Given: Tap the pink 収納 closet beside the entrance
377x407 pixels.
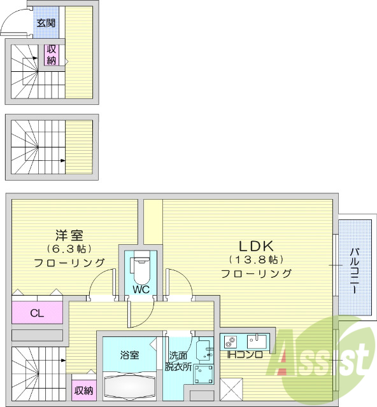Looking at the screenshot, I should pos(51,55).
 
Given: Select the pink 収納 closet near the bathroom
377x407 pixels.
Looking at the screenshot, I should pos(83,390).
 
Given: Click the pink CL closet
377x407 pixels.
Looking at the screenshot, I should pos(38,313).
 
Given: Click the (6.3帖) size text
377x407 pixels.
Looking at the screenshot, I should pos(68,248).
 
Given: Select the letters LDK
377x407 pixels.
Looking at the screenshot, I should pos(255,245).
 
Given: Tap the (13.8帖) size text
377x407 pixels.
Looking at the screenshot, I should pos(255,259).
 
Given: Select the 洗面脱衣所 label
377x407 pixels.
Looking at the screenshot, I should pos(178,361).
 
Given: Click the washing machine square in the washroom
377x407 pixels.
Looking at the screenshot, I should pos(204,375).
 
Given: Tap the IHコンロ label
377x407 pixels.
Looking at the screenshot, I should pos(246,354).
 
